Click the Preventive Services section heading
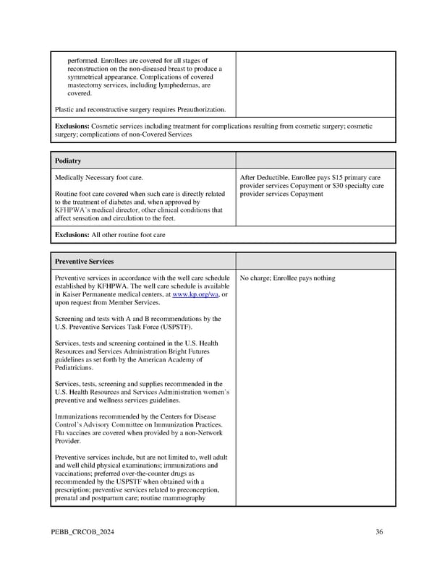click(x=85, y=261)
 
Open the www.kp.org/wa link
click(x=195, y=294)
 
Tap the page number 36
click(x=379, y=533)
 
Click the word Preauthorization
click(x=197, y=110)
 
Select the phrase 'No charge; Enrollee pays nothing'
click(x=287, y=278)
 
